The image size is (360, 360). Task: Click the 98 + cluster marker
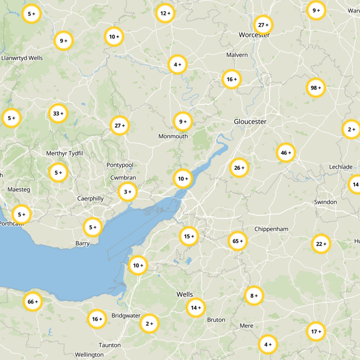315,88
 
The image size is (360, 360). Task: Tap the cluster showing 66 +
33,301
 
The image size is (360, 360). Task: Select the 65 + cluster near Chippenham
238,241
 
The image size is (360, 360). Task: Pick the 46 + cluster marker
286,153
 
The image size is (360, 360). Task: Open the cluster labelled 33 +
58,113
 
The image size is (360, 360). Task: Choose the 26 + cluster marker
239,168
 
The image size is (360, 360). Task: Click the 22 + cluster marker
321,244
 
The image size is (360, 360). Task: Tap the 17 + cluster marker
316,332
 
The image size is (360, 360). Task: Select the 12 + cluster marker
165,13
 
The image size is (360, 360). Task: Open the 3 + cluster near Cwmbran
127,192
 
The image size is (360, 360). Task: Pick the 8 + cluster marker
254,296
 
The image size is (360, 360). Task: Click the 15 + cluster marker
189,236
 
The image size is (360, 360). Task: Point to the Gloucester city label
250,121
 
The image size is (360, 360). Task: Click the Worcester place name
254,35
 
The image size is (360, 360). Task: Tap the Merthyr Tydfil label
65,153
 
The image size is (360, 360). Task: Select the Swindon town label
325,202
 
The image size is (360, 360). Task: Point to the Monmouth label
173,136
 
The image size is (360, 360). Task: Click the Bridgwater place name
126,315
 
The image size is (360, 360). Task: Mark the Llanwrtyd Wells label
22,58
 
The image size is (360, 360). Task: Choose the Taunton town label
110,345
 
